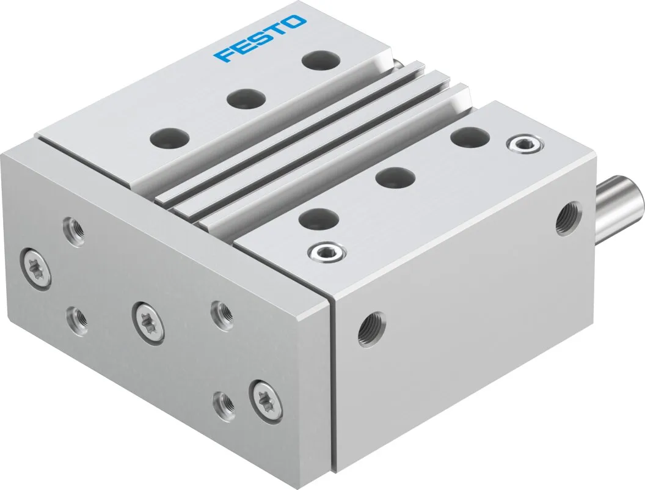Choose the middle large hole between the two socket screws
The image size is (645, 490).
(x=395, y=178)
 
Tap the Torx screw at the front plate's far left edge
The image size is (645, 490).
(x=36, y=268)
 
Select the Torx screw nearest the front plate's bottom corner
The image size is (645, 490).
(x=267, y=401)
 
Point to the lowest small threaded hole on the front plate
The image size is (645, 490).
(x=224, y=403)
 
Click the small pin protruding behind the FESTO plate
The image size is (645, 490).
(x=398, y=63)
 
